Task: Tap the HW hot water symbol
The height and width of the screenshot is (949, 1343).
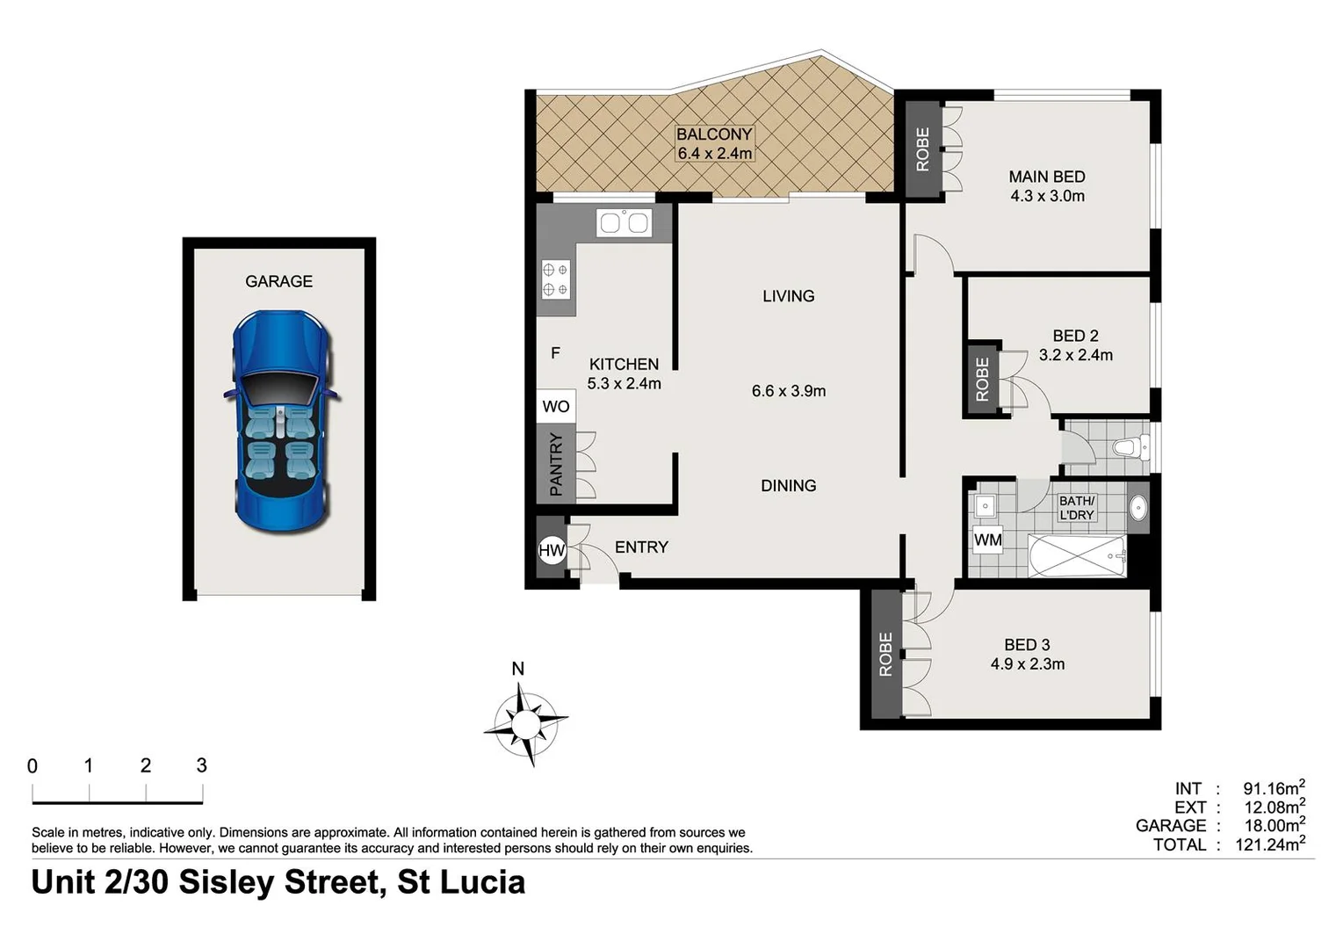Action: pyautogui.click(x=552, y=551)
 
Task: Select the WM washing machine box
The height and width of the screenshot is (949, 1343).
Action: pyautogui.click(x=988, y=540)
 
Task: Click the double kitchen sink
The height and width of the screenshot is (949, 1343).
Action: pyautogui.click(x=623, y=223)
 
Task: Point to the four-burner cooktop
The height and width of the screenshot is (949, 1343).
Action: pyautogui.click(x=555, y=279)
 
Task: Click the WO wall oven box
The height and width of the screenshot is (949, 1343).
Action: pyautogui.click(x=556, y=406)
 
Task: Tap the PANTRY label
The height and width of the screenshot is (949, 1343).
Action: pyautogui.click(x=556, y=464)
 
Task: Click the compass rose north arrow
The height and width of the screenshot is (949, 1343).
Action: pyautogui.click(x=525, y=723)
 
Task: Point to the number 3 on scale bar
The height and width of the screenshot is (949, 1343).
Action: pyautogui.click(x=202, y=765)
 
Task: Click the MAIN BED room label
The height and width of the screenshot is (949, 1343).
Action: pyautogui.click(x=1047, y=177)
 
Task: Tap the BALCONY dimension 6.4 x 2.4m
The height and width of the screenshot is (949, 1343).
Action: pyautogui.click(x=714, y=154)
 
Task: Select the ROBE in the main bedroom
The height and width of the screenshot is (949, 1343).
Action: pyautogui.click(x=922, y=149)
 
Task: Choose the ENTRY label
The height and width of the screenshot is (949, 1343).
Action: pyautogui.click(x=641, y=547)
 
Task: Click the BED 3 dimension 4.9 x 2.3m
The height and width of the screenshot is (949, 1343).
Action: pyautogui.click(x=1028, y=664)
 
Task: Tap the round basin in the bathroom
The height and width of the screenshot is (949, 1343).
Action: pyautogui.click(x=1137, y=508)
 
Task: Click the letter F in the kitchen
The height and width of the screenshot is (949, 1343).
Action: pyautogui.click(x=555, y=353)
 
